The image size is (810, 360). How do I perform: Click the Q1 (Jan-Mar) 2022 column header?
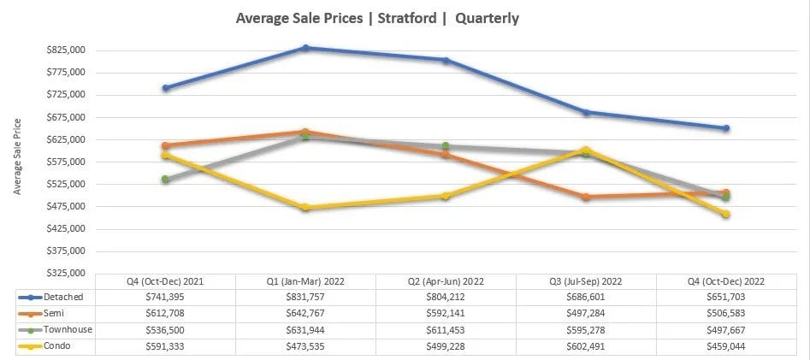click(x=305, y=280)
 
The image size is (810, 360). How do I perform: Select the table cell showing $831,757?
click(x=305, y=296)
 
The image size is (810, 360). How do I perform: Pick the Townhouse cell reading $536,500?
click(x=165, y=329)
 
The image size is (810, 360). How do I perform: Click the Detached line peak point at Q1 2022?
click(x=305, y=48)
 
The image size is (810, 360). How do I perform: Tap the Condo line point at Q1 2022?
click(x=305, y=208)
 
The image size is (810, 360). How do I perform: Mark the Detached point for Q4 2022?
click(x=726, y=128)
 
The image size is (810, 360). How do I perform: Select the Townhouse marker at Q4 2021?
click(x=165, y=180)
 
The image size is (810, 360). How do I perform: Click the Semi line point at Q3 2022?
click(x=586, y=197)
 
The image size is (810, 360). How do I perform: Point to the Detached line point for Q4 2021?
click(x=165, y=88)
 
